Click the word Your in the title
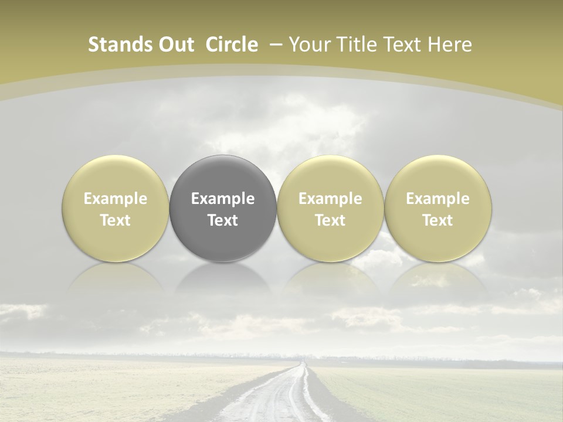coord(309,45)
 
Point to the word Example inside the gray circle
coord(223,199)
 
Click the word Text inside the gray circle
coord(223,220)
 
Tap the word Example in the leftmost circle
coord(115,199)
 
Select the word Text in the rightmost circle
coord(438,220)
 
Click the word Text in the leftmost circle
coord(115,220)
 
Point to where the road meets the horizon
coord(303,363)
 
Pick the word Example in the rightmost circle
coord(438,199)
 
